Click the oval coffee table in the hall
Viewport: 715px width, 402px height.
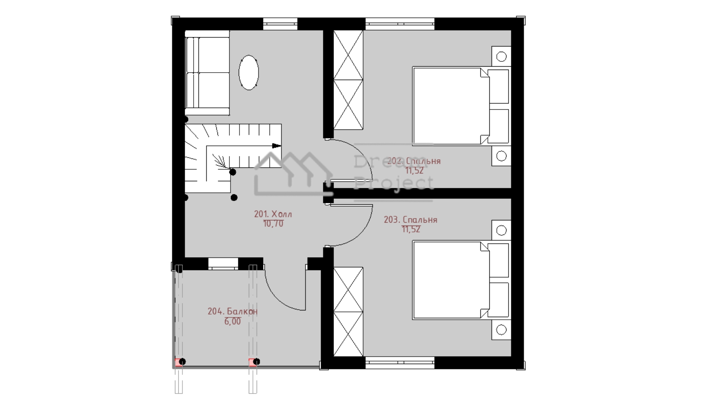click(x=248, y=73)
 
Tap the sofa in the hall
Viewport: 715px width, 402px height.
click(x=207, y=73)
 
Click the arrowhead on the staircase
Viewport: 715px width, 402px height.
click(x=276, y=146)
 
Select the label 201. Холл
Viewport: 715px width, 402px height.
click(x=273, y=214)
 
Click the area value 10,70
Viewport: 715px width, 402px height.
click(x=273, y=224)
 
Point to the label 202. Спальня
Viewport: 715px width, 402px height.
click(x=414, y=161)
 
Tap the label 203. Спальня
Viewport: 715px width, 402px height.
click(x=410, y=220)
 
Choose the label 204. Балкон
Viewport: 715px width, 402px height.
click(x=232, y=311)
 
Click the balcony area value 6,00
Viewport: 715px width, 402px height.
click(x=232, y=321)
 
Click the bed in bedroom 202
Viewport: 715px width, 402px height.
click(x=461, y=106)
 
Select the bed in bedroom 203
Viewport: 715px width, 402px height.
click(x=461, y=280)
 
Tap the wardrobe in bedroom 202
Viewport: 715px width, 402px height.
click(x=348, y=80)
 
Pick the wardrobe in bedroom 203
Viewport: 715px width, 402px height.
click(x=348, y=312)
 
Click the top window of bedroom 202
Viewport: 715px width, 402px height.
click(x=400, y=24)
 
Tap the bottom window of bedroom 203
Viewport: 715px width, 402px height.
click(x=400, y=363)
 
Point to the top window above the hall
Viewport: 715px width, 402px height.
click(x=280, y=24)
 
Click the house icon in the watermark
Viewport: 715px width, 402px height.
click(x=293, y=174)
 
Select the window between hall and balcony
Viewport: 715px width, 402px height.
click(x=223, y=264)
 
